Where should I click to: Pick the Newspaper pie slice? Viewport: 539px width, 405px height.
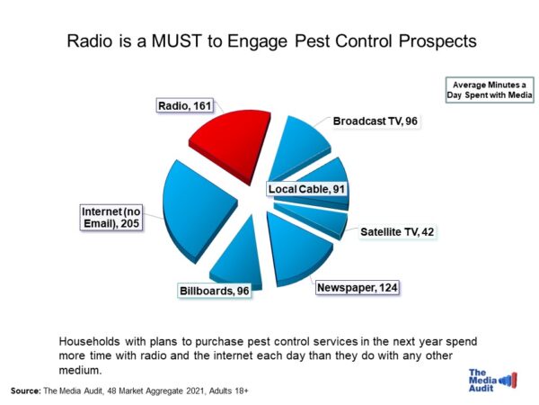click(296, 248)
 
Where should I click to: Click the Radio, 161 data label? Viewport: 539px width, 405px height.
click(184, 105)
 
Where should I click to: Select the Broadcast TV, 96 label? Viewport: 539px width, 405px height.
click(375, 121)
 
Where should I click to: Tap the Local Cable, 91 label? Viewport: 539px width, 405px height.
click(306, 189)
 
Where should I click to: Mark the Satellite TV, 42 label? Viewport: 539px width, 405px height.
click(397, 232)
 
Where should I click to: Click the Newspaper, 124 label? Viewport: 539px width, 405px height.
click(358, 288)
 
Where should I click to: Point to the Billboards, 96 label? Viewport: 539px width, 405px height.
click(215, 291)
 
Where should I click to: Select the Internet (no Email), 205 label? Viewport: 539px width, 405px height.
click(111, 217)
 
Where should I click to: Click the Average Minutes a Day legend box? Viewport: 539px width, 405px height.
click(490, 90)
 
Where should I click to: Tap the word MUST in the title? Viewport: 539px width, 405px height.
click(176, 41)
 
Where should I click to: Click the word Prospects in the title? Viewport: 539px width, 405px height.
click(437, 41)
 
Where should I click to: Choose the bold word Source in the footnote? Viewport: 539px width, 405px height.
click(26, 391)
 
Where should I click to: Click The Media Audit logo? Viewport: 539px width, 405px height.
click(492, 380)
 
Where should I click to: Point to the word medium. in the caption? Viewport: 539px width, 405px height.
click(81, 370)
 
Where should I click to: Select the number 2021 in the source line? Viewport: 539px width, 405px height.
click(196, 391)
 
